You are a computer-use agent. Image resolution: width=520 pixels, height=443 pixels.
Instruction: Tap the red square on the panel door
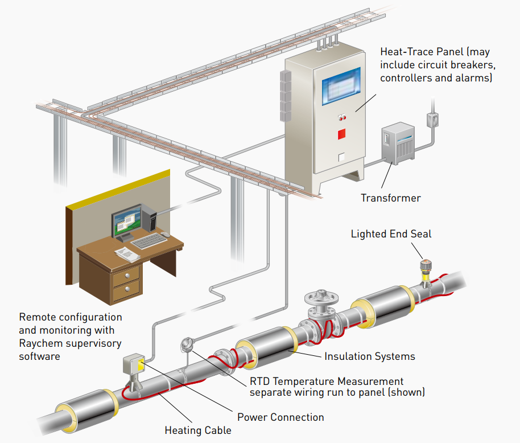coord(342,134)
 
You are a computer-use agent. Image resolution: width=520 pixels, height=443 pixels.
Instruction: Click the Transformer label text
coord(391,198)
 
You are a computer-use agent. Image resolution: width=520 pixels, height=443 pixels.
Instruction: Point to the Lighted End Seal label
coord(391,234)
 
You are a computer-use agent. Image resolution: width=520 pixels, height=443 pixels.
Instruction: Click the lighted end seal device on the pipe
coord(425,267)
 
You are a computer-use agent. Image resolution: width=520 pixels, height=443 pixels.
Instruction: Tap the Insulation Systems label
coord(370,356)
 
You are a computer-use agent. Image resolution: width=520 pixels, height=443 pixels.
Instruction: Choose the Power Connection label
coord(280,417)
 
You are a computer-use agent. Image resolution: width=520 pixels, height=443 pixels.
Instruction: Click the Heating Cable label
coord(198,430)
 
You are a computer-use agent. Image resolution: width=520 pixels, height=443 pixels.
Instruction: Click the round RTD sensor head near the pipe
coord(186,344)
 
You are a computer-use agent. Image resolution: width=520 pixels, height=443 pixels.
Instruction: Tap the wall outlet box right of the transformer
coord(432,119)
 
